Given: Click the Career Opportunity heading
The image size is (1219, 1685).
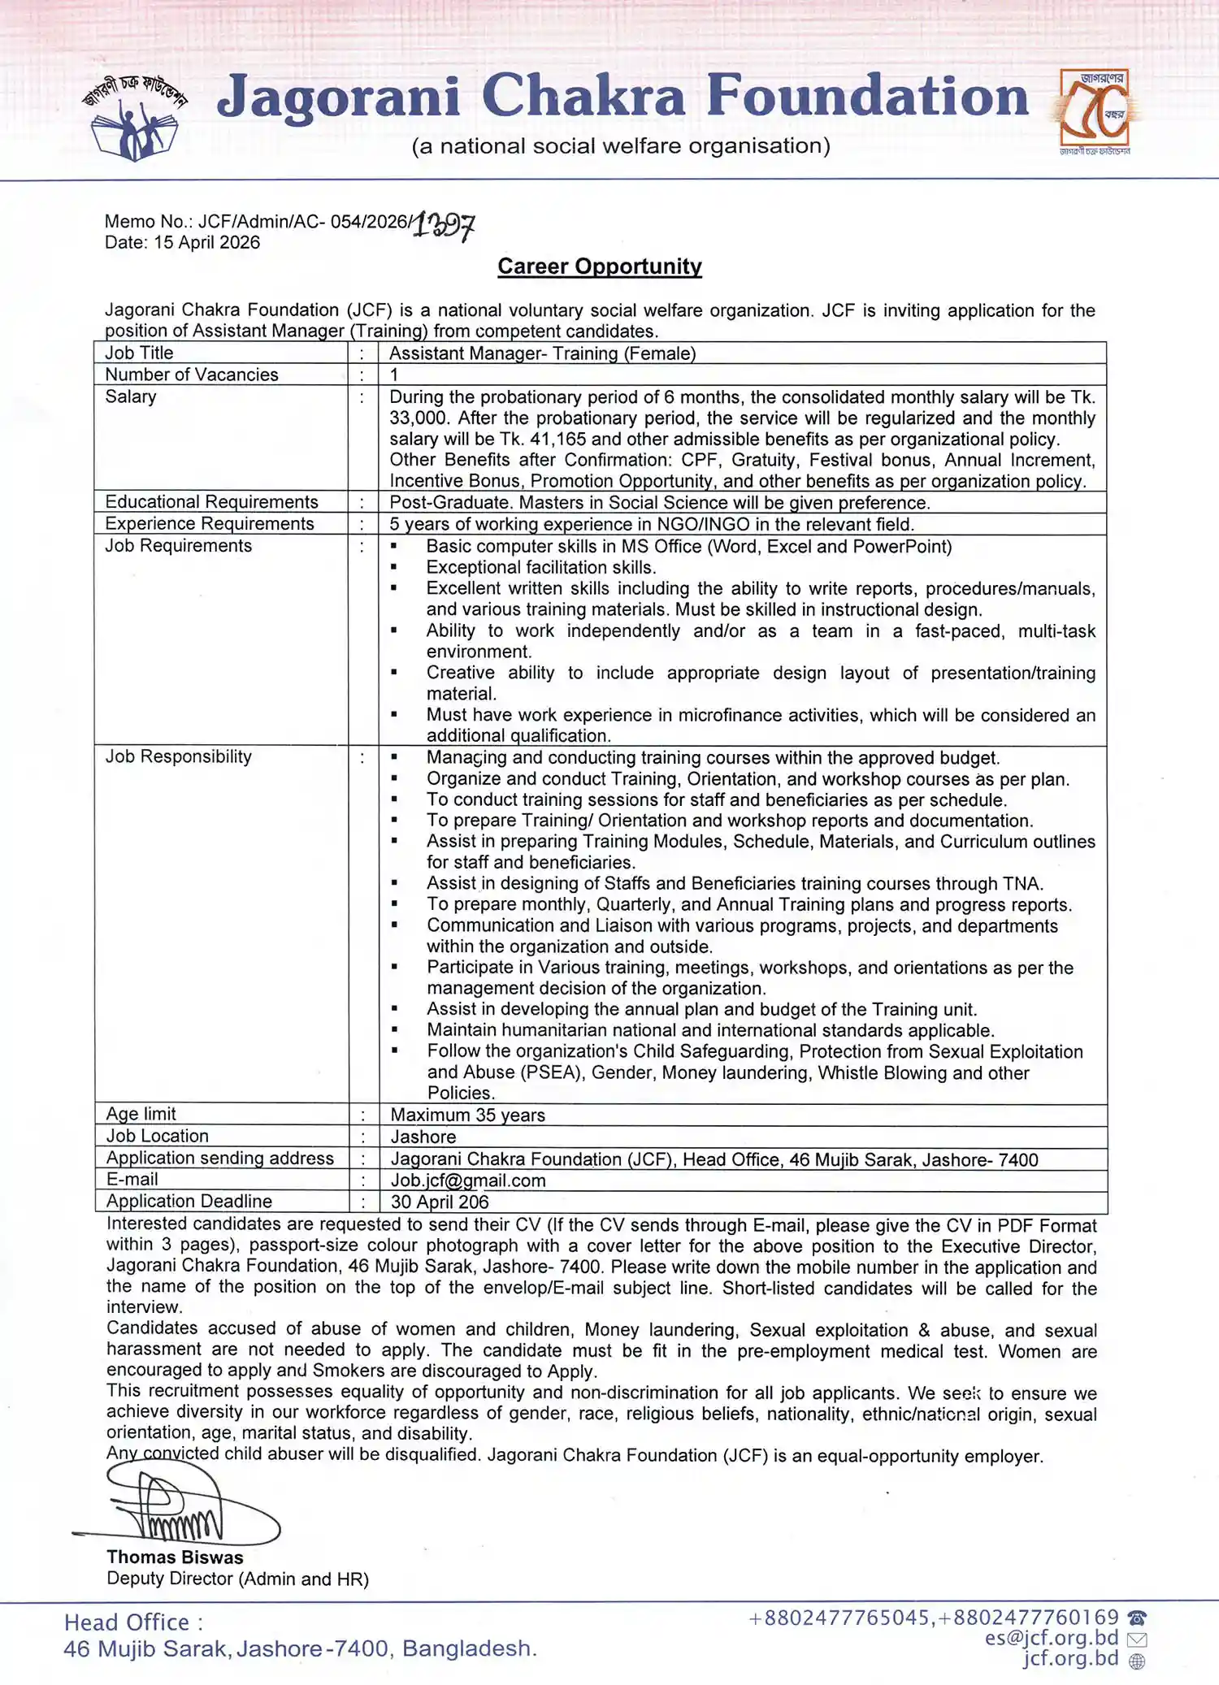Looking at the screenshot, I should click(600, 266).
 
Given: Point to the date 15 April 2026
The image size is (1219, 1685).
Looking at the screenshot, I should click(206, 242).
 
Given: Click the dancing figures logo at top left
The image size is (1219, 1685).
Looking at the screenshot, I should click(135, 119).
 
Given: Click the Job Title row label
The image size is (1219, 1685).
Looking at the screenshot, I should click(139, 353).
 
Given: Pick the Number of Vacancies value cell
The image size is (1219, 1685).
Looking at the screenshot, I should click(394, 375).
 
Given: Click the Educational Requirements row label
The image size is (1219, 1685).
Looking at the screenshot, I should click(211, 502).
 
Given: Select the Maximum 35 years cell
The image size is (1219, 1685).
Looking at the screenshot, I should click(467, 1115).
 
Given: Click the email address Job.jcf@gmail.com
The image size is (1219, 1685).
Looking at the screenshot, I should click(468, 1180).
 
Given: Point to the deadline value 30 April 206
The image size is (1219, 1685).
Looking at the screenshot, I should click(440, 1202).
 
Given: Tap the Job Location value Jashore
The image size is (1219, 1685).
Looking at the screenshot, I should click(423, 1137).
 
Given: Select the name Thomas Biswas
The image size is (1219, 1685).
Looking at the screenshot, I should click(175, 1557).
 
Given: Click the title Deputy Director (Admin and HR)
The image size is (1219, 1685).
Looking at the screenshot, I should click(237, 1579).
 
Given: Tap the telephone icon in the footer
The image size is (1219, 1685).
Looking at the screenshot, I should click(1137, 1618).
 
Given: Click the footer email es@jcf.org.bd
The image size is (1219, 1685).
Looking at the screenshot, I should click(1052, 1638).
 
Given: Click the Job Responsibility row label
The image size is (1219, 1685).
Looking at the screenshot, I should click(178, 756).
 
